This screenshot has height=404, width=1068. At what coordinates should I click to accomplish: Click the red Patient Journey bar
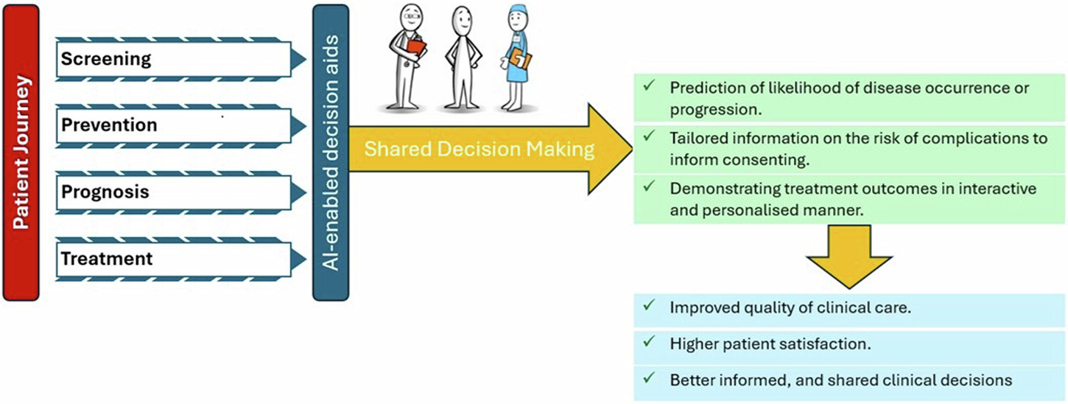coord(20,153)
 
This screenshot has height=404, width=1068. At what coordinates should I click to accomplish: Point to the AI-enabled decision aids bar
coord(330,153)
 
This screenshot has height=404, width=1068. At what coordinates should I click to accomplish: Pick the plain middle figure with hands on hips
coord(463,59)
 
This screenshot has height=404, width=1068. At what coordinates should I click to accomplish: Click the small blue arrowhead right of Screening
coord(298,59)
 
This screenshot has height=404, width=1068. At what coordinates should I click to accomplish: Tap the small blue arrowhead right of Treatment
coord(298,259)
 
